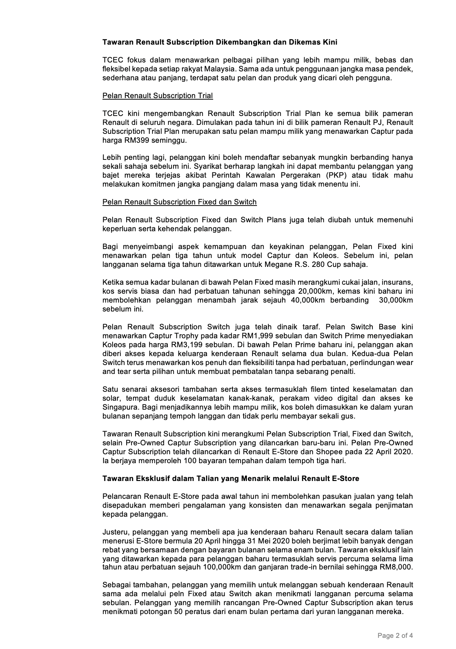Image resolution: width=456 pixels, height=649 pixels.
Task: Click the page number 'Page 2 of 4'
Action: [x=395, y=635]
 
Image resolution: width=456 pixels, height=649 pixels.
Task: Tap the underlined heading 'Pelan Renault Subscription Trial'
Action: [x=157, y=96]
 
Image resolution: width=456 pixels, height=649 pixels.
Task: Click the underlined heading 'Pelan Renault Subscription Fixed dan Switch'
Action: [x=179, y=202]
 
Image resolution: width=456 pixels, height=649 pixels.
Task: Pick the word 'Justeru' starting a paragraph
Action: [x=114, y=532]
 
